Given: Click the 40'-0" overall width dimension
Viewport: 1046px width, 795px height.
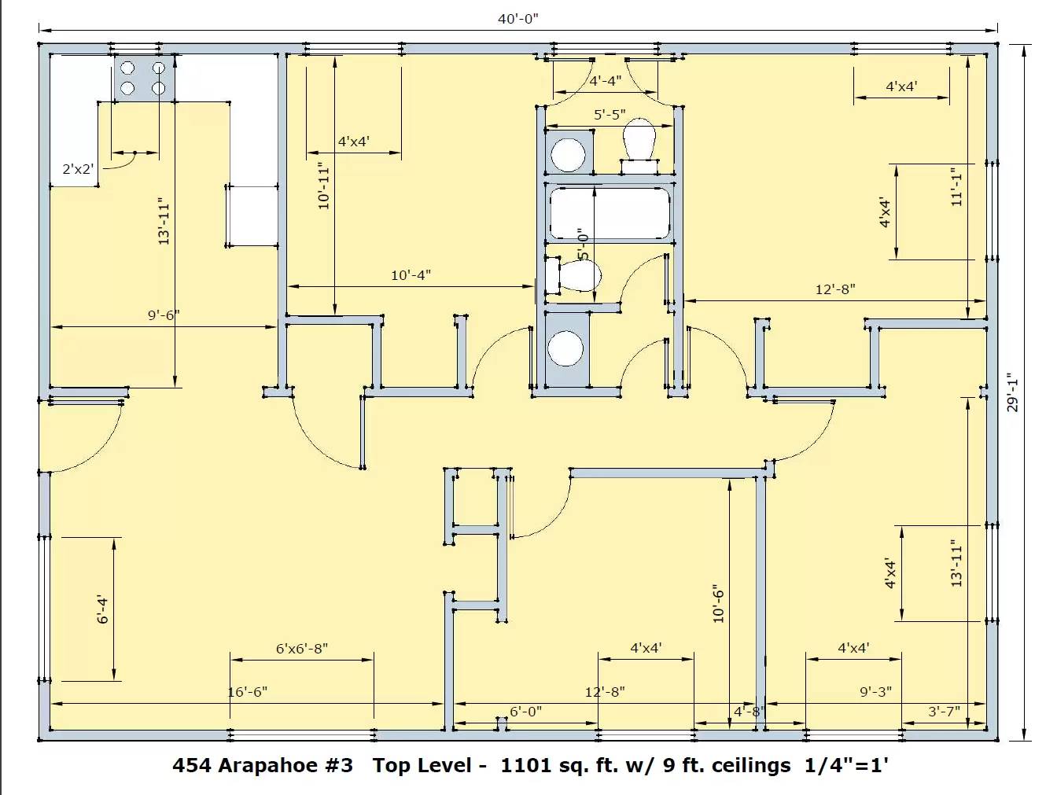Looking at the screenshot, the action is coord(518,19).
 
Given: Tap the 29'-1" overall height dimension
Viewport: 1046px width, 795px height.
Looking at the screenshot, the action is coord(1012,392).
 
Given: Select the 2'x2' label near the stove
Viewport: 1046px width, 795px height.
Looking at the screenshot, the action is coord(78,169).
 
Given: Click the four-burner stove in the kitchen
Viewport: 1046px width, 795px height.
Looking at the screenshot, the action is coord(145,78).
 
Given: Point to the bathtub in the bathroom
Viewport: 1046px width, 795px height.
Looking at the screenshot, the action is coord(610,213).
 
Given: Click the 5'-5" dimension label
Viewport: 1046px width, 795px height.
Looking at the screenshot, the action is coord(610,115).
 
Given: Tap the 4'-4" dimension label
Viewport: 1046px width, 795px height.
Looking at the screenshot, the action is coord(606,81).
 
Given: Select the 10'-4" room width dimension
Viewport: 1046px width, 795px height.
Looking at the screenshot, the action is coord(411,275).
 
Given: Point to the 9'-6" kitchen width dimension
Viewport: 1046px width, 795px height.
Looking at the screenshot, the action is coord(164,315).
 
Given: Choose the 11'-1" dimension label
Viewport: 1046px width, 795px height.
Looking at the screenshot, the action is coord(956,186).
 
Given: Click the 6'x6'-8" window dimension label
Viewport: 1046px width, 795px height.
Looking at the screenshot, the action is coord(302,649).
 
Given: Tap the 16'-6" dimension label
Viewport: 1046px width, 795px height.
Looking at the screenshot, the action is coord(247,692).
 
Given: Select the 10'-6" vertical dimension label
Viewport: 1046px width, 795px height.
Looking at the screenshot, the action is coord(718,604).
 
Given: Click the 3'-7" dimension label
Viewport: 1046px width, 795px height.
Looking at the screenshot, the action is coord(944,712).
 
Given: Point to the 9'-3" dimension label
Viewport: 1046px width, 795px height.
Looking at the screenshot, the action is coord(876,692).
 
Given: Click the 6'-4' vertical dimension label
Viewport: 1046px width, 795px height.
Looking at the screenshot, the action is coord(103,609).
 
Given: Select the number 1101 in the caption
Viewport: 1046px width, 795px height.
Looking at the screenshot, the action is coord(522,765).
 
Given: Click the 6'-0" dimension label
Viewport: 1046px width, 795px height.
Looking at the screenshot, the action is coord(525,712).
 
